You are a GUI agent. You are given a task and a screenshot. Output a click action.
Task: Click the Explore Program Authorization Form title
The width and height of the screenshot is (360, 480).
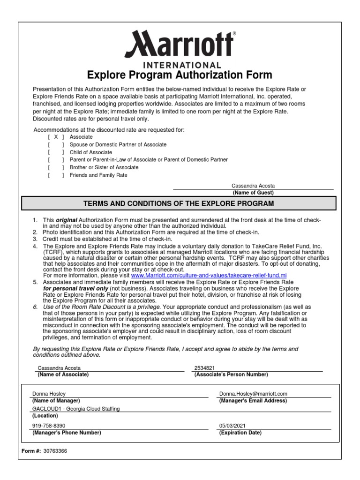click(x=180, y=75)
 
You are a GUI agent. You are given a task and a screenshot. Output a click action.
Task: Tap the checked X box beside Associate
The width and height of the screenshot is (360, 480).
click(x=56, y=137)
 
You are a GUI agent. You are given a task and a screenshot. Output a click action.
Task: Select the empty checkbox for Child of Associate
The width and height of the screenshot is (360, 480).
click(x=56, y=152)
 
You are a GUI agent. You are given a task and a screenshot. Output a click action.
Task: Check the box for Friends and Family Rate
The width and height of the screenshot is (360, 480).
click(x=56, y=175)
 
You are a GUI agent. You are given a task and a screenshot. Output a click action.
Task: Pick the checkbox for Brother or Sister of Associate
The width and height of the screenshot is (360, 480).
click(x=56, y=167)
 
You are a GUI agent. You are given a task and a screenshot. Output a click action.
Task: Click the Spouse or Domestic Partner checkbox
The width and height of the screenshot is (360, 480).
click(x=56, y=145)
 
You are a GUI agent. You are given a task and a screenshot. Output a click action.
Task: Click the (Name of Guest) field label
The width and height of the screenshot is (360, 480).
click(x=253, y=193)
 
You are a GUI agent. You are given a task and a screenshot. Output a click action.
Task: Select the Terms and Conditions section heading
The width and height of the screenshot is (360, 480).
click(x=180, y=203)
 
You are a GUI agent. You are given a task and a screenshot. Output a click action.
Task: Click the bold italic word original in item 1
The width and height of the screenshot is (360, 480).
click(x=67, y=220)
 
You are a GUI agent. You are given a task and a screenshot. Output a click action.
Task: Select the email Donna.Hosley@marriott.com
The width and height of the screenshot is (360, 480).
click(x=253, y=394)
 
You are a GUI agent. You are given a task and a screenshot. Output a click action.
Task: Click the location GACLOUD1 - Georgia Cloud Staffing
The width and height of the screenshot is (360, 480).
click(x=75, y=409)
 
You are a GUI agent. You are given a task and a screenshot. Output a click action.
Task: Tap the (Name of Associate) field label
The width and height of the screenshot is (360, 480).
click(x=60, y=375)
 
